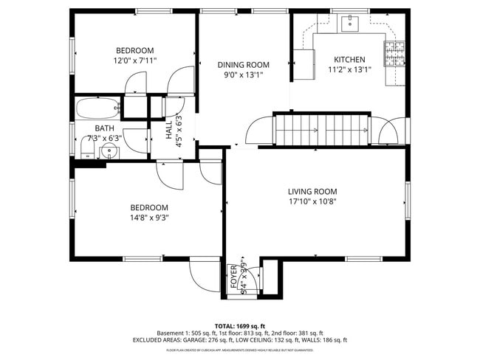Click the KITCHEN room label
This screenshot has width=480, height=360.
point(349,59)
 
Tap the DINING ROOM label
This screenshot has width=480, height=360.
point(243,64)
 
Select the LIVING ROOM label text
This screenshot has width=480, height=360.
point(312,192)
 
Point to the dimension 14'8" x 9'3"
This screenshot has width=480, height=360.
point(149,217)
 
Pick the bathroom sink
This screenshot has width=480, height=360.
point(109,153)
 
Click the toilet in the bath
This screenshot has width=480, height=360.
point(86,152)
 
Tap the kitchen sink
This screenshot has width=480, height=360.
point(349,24)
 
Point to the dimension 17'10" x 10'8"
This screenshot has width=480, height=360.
point(312,201)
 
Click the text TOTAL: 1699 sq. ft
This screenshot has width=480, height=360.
point(239,325)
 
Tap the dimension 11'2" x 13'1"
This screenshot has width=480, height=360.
point(349,69)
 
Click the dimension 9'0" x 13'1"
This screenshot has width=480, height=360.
point(243,75)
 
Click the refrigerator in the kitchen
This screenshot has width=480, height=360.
point(303,59)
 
